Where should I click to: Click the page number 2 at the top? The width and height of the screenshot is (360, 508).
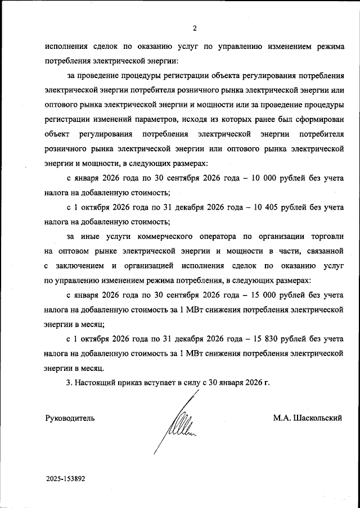click(x=194, y=28)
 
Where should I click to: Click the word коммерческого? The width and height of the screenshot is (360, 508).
click(x=165, y=236)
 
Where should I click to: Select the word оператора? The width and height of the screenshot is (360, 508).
click(x=220, y=236)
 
